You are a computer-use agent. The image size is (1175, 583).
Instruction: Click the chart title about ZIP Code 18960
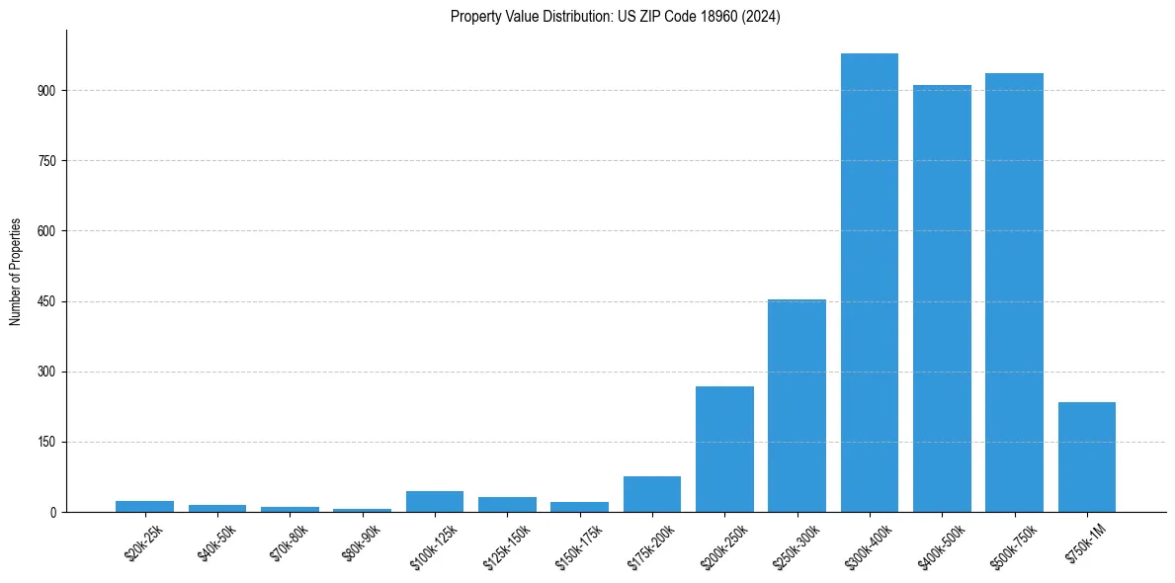point(615,17)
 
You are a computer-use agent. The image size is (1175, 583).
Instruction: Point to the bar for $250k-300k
point(797,405)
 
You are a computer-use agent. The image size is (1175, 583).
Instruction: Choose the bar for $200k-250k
point(724,449)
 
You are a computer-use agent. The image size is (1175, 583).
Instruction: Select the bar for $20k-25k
point(144,506)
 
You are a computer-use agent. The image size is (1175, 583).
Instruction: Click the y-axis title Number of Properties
point(16,271)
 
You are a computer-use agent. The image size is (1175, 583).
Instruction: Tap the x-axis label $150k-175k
point(581,544)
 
